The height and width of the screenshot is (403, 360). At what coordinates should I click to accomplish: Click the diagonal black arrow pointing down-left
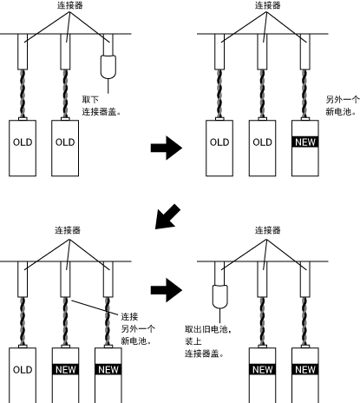(x=167, y=217)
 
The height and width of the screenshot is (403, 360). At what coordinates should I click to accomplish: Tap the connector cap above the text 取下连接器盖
(x=108, y=67)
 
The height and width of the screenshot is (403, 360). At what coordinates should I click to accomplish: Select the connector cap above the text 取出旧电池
(x=220, y=297)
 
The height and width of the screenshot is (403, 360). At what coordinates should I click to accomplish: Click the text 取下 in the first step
(x=90, y=100)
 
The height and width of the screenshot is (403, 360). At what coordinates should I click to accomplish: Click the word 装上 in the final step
(x=193, y=341)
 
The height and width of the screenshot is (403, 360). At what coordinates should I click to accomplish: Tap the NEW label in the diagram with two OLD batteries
(x=305, y=142)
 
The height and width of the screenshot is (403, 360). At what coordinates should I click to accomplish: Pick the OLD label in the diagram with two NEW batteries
(x=23, y=370)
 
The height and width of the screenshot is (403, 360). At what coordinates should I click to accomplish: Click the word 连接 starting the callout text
(x=129, y=317)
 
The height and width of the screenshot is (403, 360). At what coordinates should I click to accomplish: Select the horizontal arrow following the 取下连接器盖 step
(x=167, y=148)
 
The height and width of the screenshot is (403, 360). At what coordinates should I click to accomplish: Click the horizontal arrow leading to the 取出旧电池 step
(x=167, y=290)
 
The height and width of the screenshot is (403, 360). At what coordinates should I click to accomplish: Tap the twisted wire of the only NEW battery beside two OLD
(x=304, y=94)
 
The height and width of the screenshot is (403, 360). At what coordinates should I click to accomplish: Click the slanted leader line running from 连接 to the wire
(x=95, y=307)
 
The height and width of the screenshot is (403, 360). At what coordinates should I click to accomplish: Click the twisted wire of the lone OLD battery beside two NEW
(x=23, y=321)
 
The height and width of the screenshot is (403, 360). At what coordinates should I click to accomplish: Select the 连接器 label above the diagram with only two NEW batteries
(x=267, y=230)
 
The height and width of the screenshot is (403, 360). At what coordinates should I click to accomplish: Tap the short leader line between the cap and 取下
(x=108, y=86)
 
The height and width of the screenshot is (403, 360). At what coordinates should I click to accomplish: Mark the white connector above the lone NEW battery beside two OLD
(x=304, y=51)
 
